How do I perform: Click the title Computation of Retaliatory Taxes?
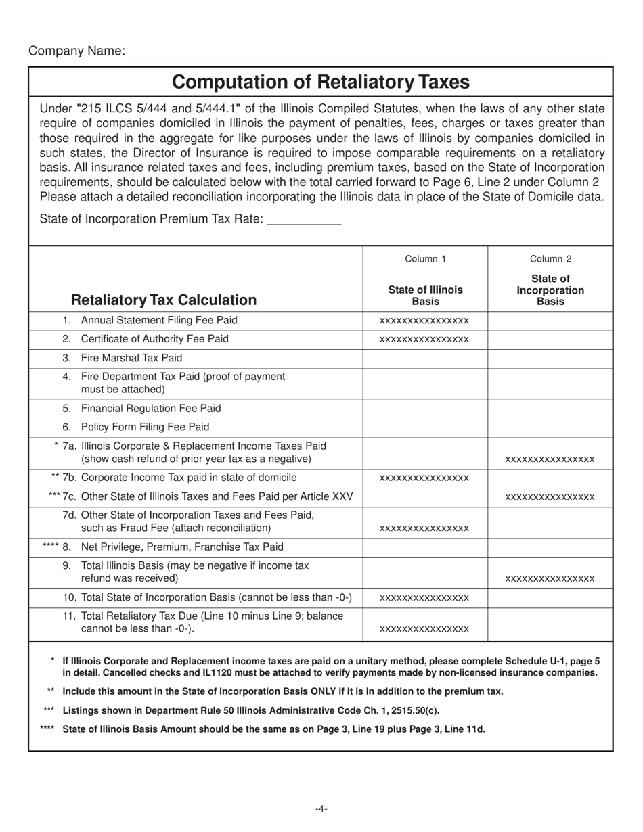320,82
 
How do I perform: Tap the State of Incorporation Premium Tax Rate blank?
304,219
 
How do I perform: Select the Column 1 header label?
425,258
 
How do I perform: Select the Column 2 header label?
550,258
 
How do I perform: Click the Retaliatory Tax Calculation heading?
164,300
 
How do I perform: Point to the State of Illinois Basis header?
425,295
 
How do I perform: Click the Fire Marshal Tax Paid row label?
131,357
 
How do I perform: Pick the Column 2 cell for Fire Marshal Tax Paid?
550,358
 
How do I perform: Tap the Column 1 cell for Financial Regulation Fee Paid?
425,409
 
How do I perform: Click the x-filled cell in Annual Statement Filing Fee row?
424,321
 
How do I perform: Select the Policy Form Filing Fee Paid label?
145,427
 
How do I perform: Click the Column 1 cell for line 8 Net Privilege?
425,547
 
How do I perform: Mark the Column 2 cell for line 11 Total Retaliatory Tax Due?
550,623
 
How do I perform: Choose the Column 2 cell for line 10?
550,598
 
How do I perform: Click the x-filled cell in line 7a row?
550,459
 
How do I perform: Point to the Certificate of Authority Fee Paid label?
154,338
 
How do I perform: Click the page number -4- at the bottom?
321,808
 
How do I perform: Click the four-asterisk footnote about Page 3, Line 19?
273,729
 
